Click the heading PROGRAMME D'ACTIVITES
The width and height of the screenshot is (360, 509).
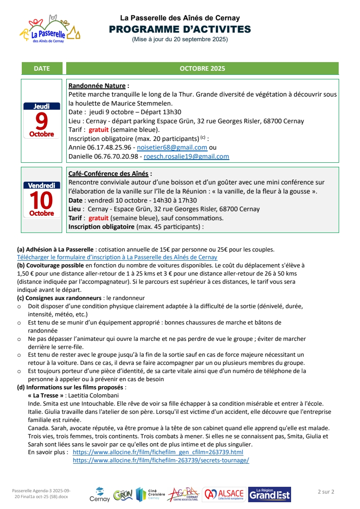180,29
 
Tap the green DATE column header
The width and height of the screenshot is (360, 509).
42,68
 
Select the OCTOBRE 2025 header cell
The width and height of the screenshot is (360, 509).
202,68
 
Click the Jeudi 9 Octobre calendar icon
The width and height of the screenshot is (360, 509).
42,120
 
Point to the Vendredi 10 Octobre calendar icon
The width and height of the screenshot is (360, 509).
42,199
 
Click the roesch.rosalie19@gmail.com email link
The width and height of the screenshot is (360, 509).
186,156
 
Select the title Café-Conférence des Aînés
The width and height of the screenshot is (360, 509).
109,174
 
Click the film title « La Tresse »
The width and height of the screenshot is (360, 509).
45,395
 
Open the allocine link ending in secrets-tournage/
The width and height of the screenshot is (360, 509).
161,460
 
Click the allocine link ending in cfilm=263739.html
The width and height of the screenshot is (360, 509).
158,452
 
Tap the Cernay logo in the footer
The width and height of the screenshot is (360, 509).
99,494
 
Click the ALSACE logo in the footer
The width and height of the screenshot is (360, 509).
224,494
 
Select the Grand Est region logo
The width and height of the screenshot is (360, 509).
270,494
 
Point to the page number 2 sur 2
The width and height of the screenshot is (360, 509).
326,491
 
